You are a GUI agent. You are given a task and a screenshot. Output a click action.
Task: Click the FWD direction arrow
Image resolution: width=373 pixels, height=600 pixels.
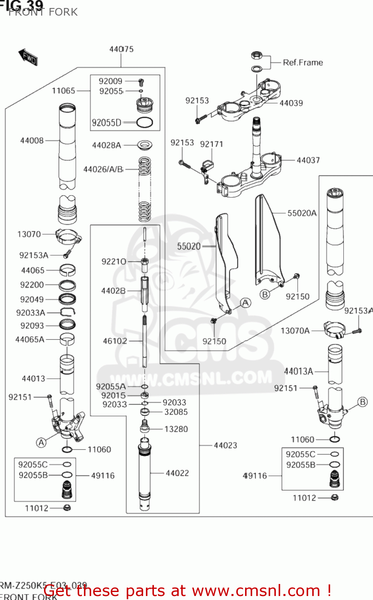pos(28,57)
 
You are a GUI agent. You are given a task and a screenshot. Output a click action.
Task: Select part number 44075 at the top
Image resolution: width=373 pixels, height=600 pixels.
pos(121,49)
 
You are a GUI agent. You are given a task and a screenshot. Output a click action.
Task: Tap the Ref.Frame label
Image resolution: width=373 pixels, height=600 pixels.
pos(303,62)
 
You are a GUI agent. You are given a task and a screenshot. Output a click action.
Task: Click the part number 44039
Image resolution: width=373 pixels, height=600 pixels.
pos(291,103)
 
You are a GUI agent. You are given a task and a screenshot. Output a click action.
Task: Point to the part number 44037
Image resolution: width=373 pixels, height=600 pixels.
pos(308,160)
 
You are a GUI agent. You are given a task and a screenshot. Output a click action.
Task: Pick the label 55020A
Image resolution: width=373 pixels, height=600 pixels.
pos(302,213)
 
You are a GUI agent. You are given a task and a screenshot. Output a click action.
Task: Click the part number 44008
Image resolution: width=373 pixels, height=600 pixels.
pos(32,140)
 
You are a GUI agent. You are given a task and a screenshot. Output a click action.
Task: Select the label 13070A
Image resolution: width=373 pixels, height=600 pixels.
pos(295,331)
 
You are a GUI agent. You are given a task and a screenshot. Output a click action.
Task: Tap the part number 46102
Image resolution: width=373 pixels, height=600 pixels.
pos(115,341)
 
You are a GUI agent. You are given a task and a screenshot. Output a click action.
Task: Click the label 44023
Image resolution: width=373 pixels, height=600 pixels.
pos(225,445)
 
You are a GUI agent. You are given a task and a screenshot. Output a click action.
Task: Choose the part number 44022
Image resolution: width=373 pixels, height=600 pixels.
pos(177,473)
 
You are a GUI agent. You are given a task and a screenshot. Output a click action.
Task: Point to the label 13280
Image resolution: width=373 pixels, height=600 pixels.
pos(176,429)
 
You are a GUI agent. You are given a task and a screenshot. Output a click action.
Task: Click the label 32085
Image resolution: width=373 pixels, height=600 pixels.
pos(176,412)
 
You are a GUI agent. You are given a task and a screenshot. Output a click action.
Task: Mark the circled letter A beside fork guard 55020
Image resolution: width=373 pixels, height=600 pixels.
pos(245,303)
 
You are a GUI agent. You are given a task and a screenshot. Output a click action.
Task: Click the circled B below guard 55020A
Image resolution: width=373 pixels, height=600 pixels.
pos(265,294)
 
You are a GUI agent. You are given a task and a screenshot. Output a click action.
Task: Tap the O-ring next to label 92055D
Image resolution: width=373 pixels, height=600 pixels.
pos(144,123)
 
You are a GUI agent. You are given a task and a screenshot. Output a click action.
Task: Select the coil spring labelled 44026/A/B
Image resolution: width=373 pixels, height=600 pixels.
pos(145,189)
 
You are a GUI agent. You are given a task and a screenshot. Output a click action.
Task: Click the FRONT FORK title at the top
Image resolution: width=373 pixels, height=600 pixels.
pos(43,12)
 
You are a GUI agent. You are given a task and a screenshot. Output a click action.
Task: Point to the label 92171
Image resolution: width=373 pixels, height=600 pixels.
pos(211,144)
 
